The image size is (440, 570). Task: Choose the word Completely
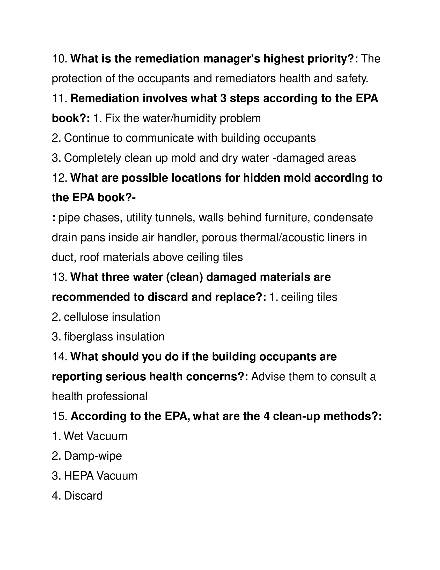[x=93, y=158]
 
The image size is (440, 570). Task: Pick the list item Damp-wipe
[x=93, y=456]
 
